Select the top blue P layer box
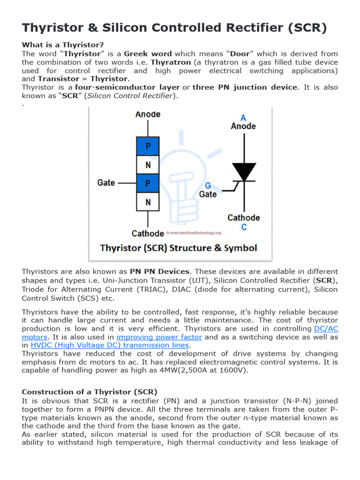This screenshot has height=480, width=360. coord(148,146)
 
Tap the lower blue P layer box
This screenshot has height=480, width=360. coord(148,183)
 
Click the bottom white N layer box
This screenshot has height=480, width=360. coord(148,202)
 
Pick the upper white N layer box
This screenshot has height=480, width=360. coord(148,165)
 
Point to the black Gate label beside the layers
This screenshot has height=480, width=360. coord(106,182)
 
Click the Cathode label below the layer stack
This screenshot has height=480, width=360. coord(148,233)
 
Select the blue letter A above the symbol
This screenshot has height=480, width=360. coord(243,118)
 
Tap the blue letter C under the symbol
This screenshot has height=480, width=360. coord(244,227)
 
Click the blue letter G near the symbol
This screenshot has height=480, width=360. coord(208,186)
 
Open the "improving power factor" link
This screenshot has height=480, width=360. coord(159,337)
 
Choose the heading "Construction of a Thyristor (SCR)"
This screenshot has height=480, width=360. coord(90,391)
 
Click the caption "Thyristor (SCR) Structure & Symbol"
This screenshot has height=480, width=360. coord(179,248)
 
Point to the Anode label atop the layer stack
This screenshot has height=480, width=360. coord(148,114)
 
